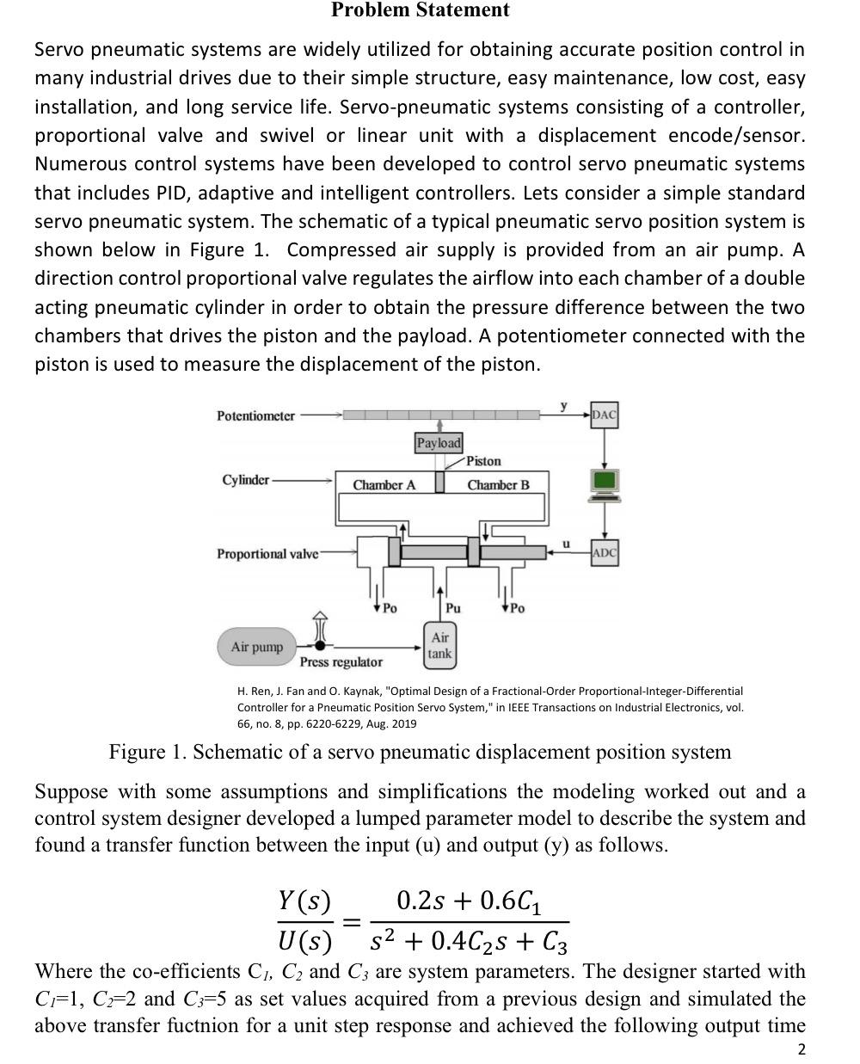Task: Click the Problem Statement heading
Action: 420,11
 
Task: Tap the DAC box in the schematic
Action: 604,415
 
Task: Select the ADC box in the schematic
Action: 604,552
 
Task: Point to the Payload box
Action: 439,442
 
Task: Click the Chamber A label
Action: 384,485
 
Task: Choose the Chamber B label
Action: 498,485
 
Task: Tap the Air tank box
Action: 439,646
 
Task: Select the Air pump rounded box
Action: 256,647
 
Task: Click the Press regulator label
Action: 341,662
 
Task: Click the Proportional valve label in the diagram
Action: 267,553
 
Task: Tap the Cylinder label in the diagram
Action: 245,479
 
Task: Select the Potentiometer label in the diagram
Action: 255,415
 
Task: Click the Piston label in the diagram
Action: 483,461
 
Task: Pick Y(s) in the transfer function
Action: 304,901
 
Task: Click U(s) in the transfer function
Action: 304,942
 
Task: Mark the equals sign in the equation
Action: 351,922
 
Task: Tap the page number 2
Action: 802,1049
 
